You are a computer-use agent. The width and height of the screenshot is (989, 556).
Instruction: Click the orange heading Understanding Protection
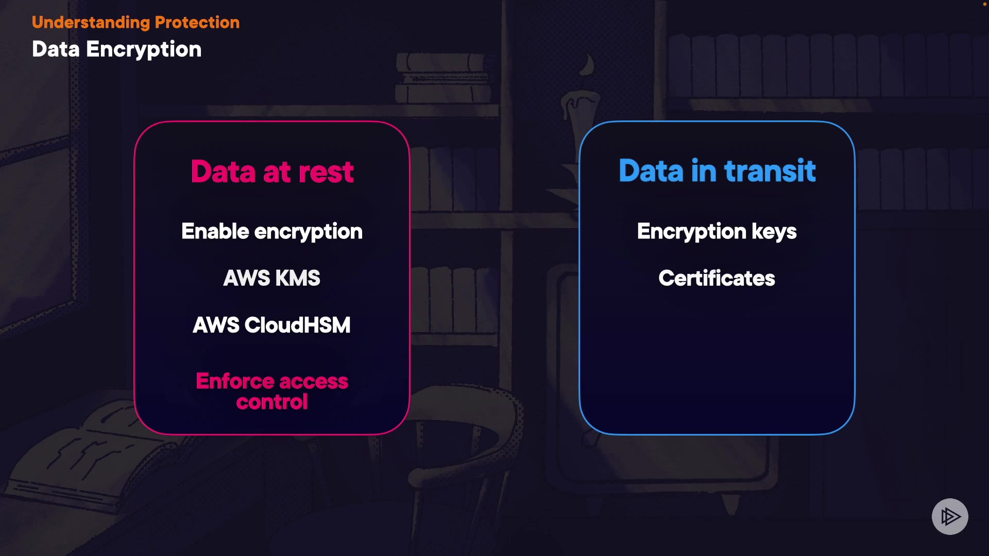135,23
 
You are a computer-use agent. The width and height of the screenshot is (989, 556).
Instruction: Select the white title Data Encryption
116,49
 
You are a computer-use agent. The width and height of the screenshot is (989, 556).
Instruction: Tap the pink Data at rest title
272,171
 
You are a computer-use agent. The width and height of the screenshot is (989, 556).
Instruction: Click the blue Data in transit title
717,171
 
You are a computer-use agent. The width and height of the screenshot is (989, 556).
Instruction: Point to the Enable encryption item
272,232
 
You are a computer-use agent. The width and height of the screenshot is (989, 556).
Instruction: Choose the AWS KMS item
272,278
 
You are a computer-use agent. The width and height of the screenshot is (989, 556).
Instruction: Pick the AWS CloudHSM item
272,325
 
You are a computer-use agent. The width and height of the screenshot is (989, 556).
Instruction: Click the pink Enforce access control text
272,391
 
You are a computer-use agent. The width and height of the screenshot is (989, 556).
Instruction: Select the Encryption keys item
717,232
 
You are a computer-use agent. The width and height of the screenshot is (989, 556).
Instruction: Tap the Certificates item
717,278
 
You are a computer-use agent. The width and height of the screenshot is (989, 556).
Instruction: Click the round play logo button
950,516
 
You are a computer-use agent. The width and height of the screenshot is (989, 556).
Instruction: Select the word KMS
297,278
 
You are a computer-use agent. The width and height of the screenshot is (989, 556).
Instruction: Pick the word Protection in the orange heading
197,23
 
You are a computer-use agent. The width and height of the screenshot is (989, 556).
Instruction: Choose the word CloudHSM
297,325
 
